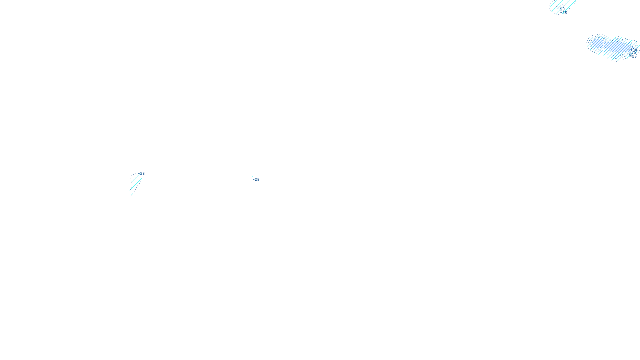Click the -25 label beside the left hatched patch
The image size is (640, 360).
[142, 174]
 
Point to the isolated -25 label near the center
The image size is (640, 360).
[256, 180]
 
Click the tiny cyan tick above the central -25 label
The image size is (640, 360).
[252, 176]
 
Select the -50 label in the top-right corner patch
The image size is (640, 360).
[562, 9]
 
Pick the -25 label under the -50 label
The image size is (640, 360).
[564, 13]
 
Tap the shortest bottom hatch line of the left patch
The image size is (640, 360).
[132, 194]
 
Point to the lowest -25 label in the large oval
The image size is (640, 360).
[633, 56]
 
